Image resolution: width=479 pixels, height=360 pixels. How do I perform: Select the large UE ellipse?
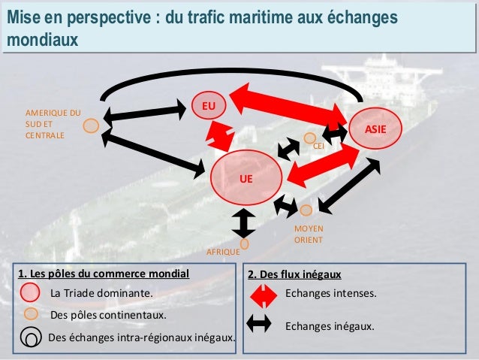(x=246, y=177)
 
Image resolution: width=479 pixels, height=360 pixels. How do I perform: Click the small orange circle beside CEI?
(x=309, y=138)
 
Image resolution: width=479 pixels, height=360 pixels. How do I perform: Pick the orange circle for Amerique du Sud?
(x=91, y=126)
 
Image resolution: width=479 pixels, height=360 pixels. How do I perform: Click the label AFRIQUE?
(x=222, y=253)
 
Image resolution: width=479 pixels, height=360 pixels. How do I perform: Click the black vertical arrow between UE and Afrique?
(x=245, y=222)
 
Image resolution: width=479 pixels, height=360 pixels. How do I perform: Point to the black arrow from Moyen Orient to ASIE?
(x=349, y=183)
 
